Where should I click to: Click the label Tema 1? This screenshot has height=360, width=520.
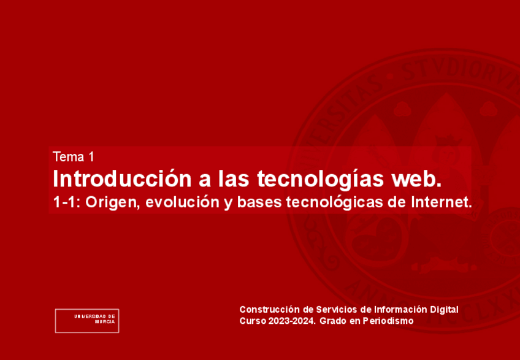pyautogui.click(x=74, y=156)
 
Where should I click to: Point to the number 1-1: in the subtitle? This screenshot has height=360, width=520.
pyautogui.click(x=67, y=201)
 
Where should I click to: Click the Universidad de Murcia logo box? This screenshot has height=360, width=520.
pyautogui.click(x=87, y=320)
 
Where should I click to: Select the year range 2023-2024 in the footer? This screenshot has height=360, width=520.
pyautogui.click(x=291, y=320)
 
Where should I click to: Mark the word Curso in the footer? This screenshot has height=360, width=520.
pyautogui.click(x=251, y=320)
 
